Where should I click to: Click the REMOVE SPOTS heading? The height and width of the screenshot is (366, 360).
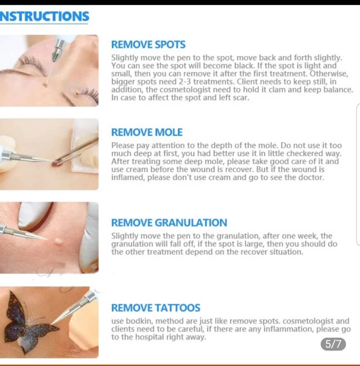pos(148,45)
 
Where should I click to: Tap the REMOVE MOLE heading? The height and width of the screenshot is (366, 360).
pos(147,133)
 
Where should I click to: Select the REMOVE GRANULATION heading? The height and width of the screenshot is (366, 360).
pos(169,223)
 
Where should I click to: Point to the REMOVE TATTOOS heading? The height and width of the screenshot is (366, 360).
pos(155,308)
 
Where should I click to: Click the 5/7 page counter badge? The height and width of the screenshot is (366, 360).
pos(333,344)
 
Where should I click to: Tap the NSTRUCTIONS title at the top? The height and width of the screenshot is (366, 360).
pos(44,16)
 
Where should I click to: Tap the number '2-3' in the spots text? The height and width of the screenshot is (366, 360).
pos(185,82)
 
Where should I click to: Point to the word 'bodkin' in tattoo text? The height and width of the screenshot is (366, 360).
pos(139,321)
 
